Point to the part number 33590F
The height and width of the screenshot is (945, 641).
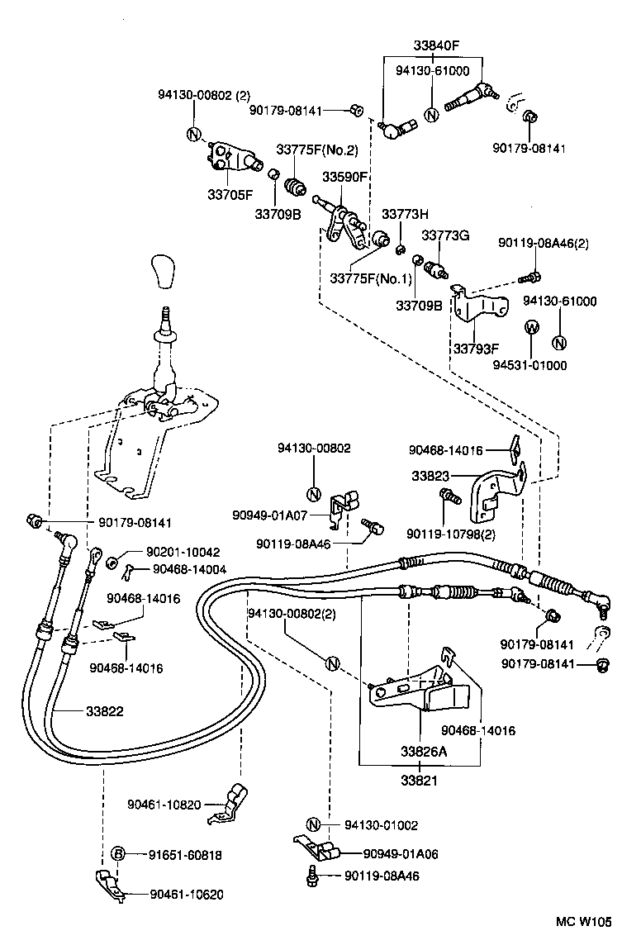pos(344,177)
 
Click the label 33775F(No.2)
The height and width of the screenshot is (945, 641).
pos(317,150)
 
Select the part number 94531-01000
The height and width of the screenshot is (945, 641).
pos(529,364)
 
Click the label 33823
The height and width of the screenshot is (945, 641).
pos(430,477)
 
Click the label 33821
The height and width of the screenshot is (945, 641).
pos(419,779)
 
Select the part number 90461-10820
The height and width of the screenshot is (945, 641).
pos(164,804)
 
